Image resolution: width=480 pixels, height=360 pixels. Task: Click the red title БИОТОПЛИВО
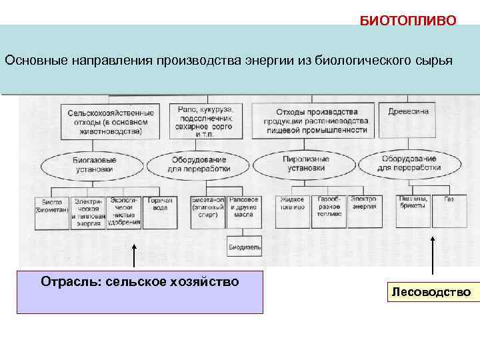coord(408,20)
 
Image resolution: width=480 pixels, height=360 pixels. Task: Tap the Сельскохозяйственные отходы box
coord(111,122)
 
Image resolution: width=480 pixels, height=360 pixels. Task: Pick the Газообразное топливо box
coord(329,207)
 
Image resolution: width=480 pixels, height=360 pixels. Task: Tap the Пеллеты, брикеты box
coord(413,203)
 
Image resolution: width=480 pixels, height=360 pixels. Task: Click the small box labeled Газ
coord(449,199)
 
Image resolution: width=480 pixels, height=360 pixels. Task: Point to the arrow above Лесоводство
coord(433,255)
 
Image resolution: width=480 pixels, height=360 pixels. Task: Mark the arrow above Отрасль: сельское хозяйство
coord(134,255)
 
